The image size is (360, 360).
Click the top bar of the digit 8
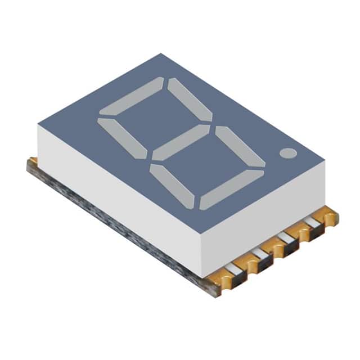click(131, 96)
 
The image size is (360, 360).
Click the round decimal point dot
click(288, 153)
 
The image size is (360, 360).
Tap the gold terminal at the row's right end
click(329, 217)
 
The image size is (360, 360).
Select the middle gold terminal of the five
click(276, 247)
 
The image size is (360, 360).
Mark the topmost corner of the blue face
click(161, 54)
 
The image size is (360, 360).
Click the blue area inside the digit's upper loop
click(155, 118)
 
